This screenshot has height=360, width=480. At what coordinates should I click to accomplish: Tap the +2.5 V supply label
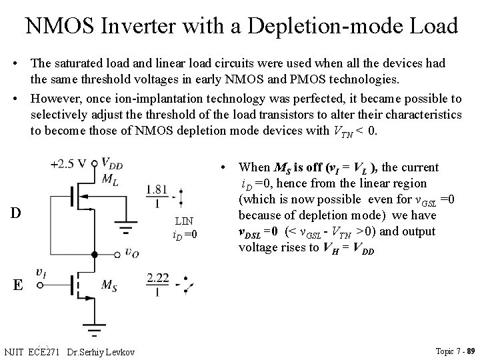click(x=72, y=163)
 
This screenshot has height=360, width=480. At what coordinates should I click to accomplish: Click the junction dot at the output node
click(x=95, y=254)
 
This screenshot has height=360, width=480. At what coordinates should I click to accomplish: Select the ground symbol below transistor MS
click(x=95, y=330)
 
